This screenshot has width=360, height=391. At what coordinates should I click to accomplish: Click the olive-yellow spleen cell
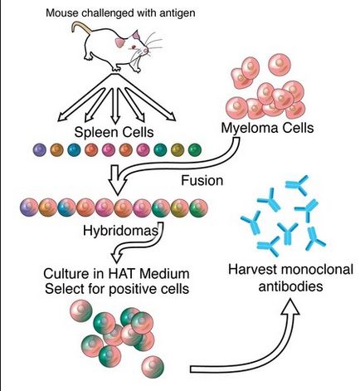175,150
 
